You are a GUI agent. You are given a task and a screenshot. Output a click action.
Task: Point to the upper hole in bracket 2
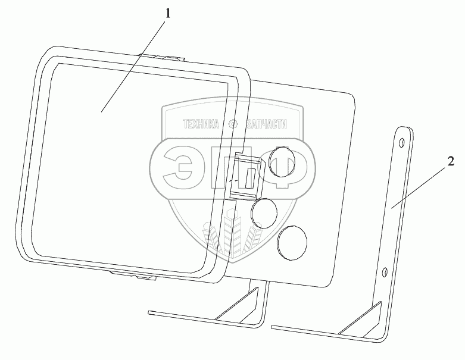pos(403,142)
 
